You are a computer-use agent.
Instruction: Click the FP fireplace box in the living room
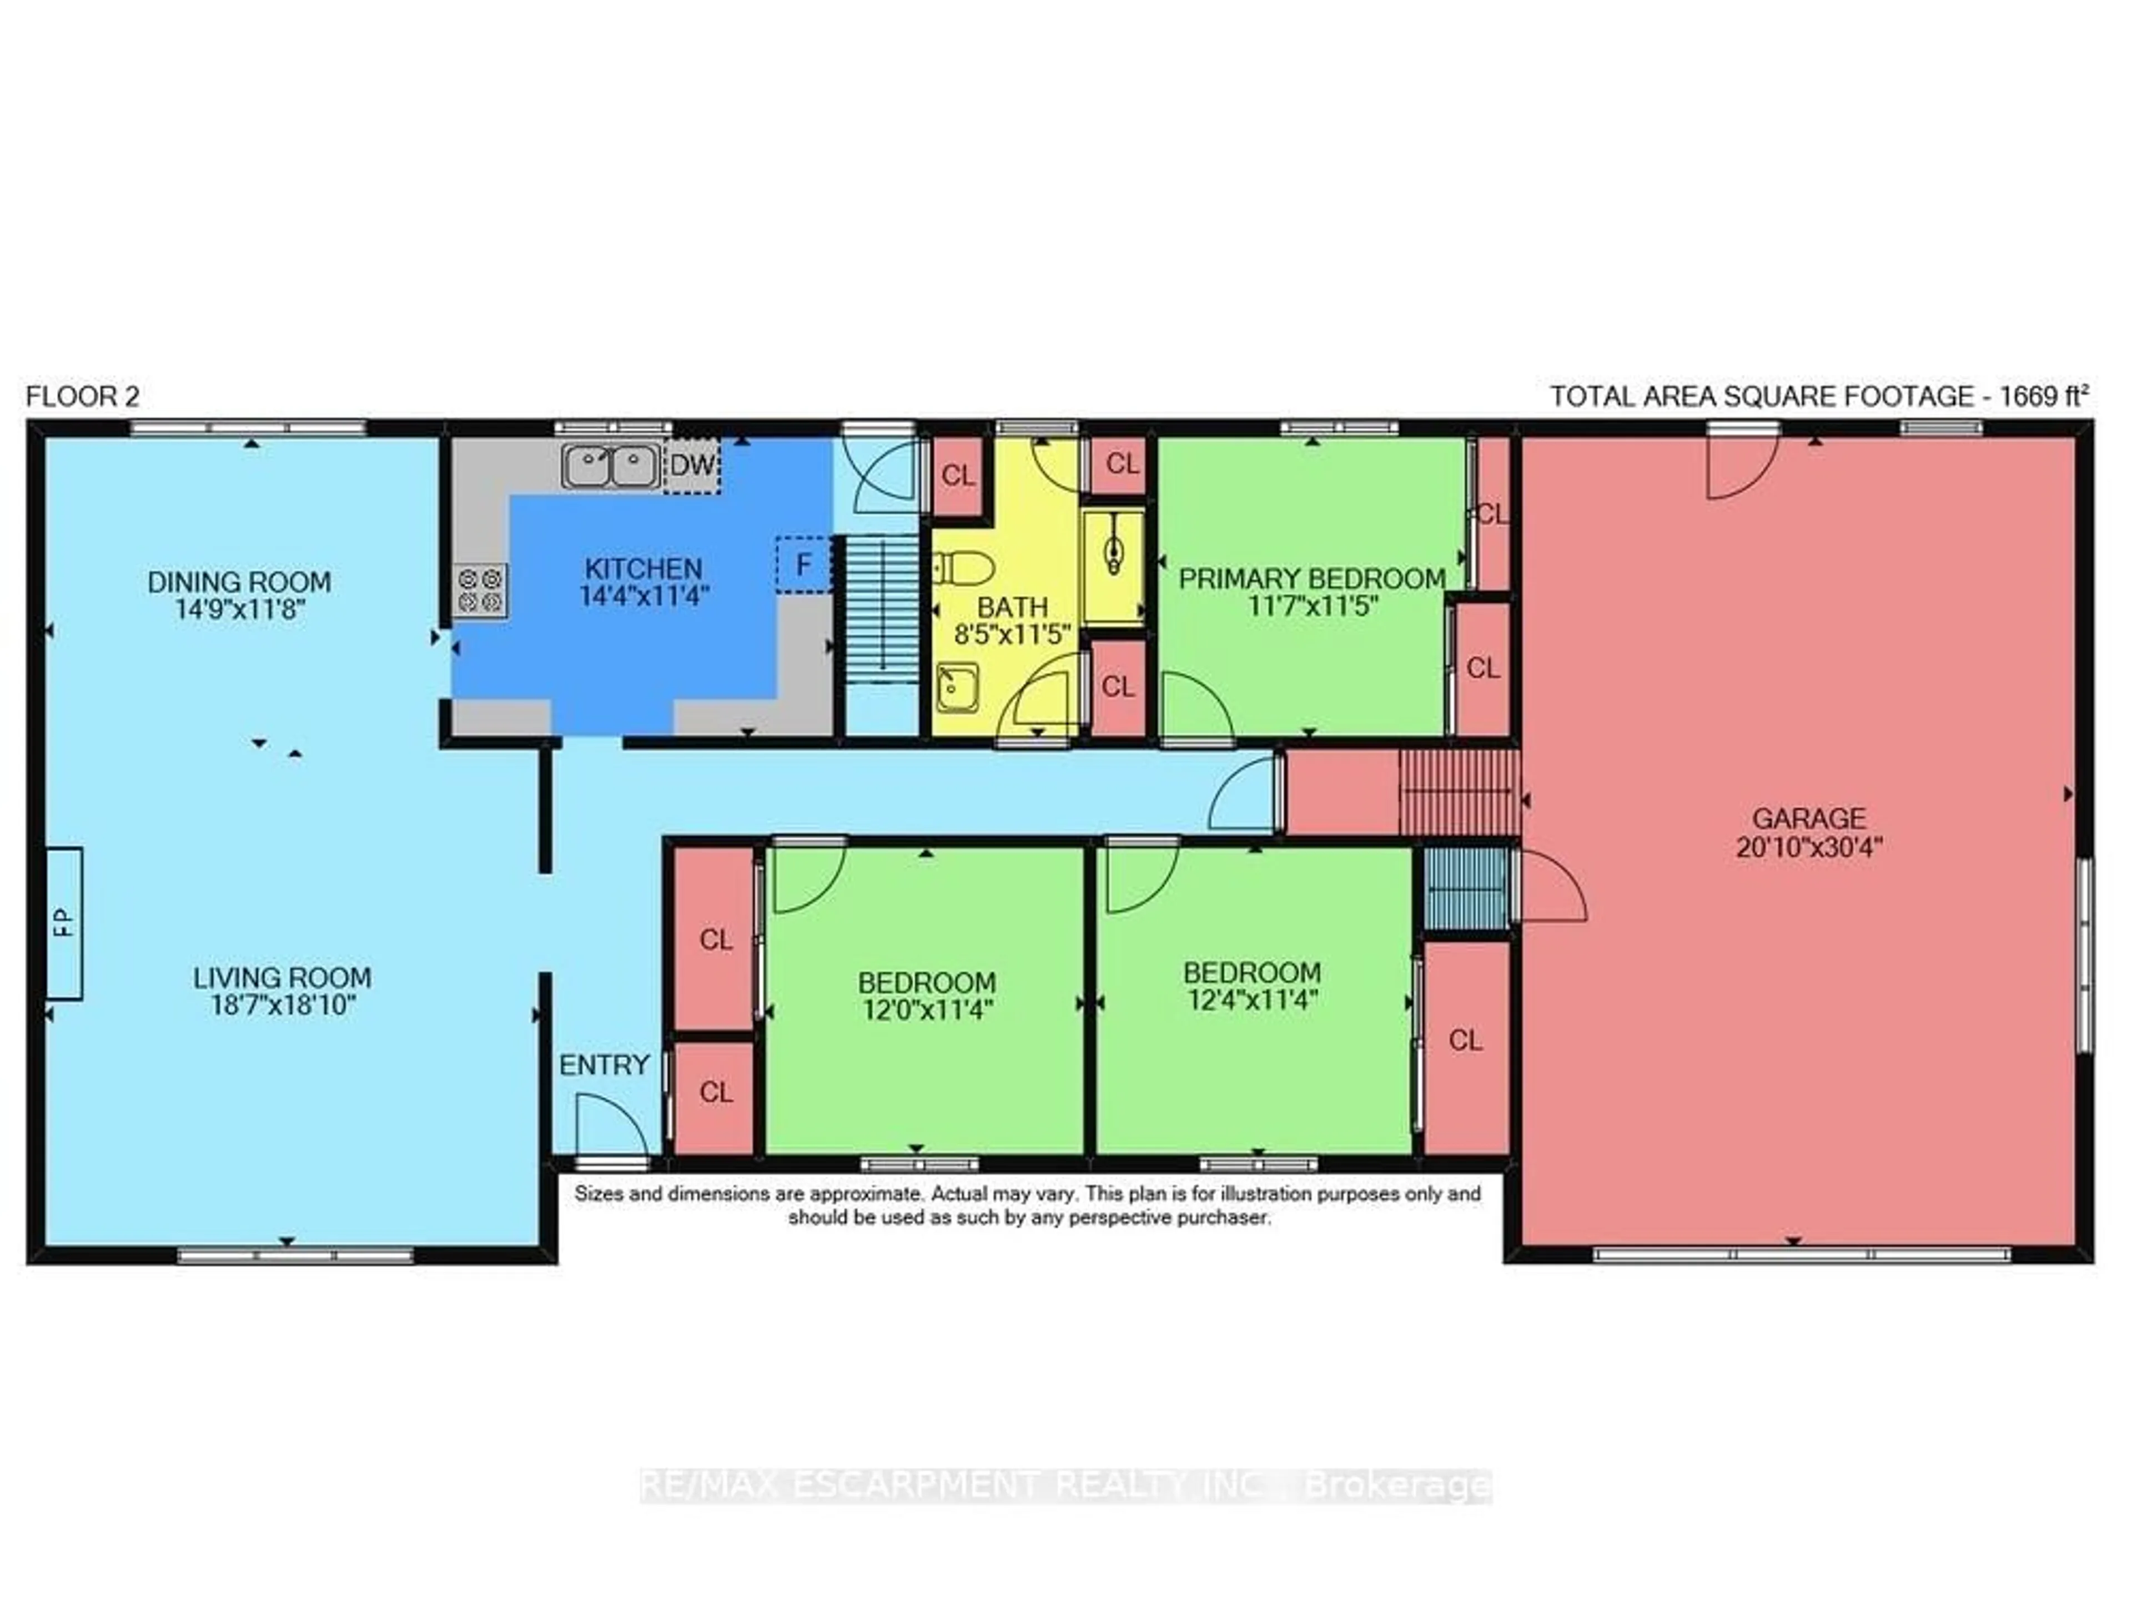point(64,923)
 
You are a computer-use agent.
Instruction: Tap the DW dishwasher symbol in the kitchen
point(692,466)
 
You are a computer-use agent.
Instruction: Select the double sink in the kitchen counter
point(611,466)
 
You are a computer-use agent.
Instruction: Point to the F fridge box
point(803,564)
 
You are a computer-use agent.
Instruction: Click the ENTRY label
point(604,1065)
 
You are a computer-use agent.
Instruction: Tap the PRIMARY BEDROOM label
point(1312,578)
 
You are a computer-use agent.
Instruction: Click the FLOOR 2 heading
point(83,396)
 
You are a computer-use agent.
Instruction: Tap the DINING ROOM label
point(239,582)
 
